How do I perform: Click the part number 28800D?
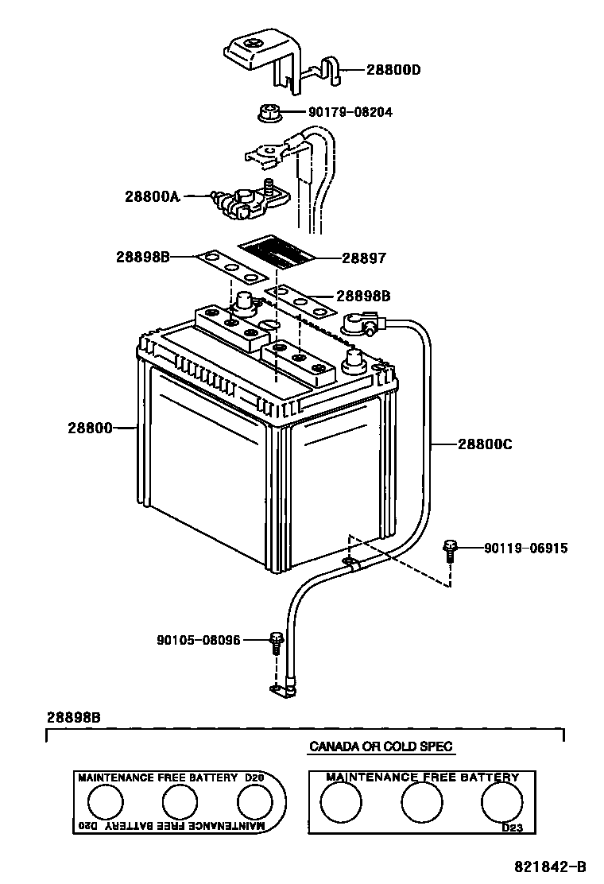tap(393, 70)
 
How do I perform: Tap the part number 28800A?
tap(152, 195)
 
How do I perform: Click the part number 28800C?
tap(484, 445)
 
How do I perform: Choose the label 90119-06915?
tap(525, 549)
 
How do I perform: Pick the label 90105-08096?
tap(199, 639)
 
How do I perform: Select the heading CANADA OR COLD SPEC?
tap(381, 746)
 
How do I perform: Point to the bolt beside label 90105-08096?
tap(276, 641)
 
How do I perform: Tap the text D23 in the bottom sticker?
tap(512, 828)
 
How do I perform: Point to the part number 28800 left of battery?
tap(90, 428)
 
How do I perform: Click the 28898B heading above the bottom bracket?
tap(73, 717)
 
